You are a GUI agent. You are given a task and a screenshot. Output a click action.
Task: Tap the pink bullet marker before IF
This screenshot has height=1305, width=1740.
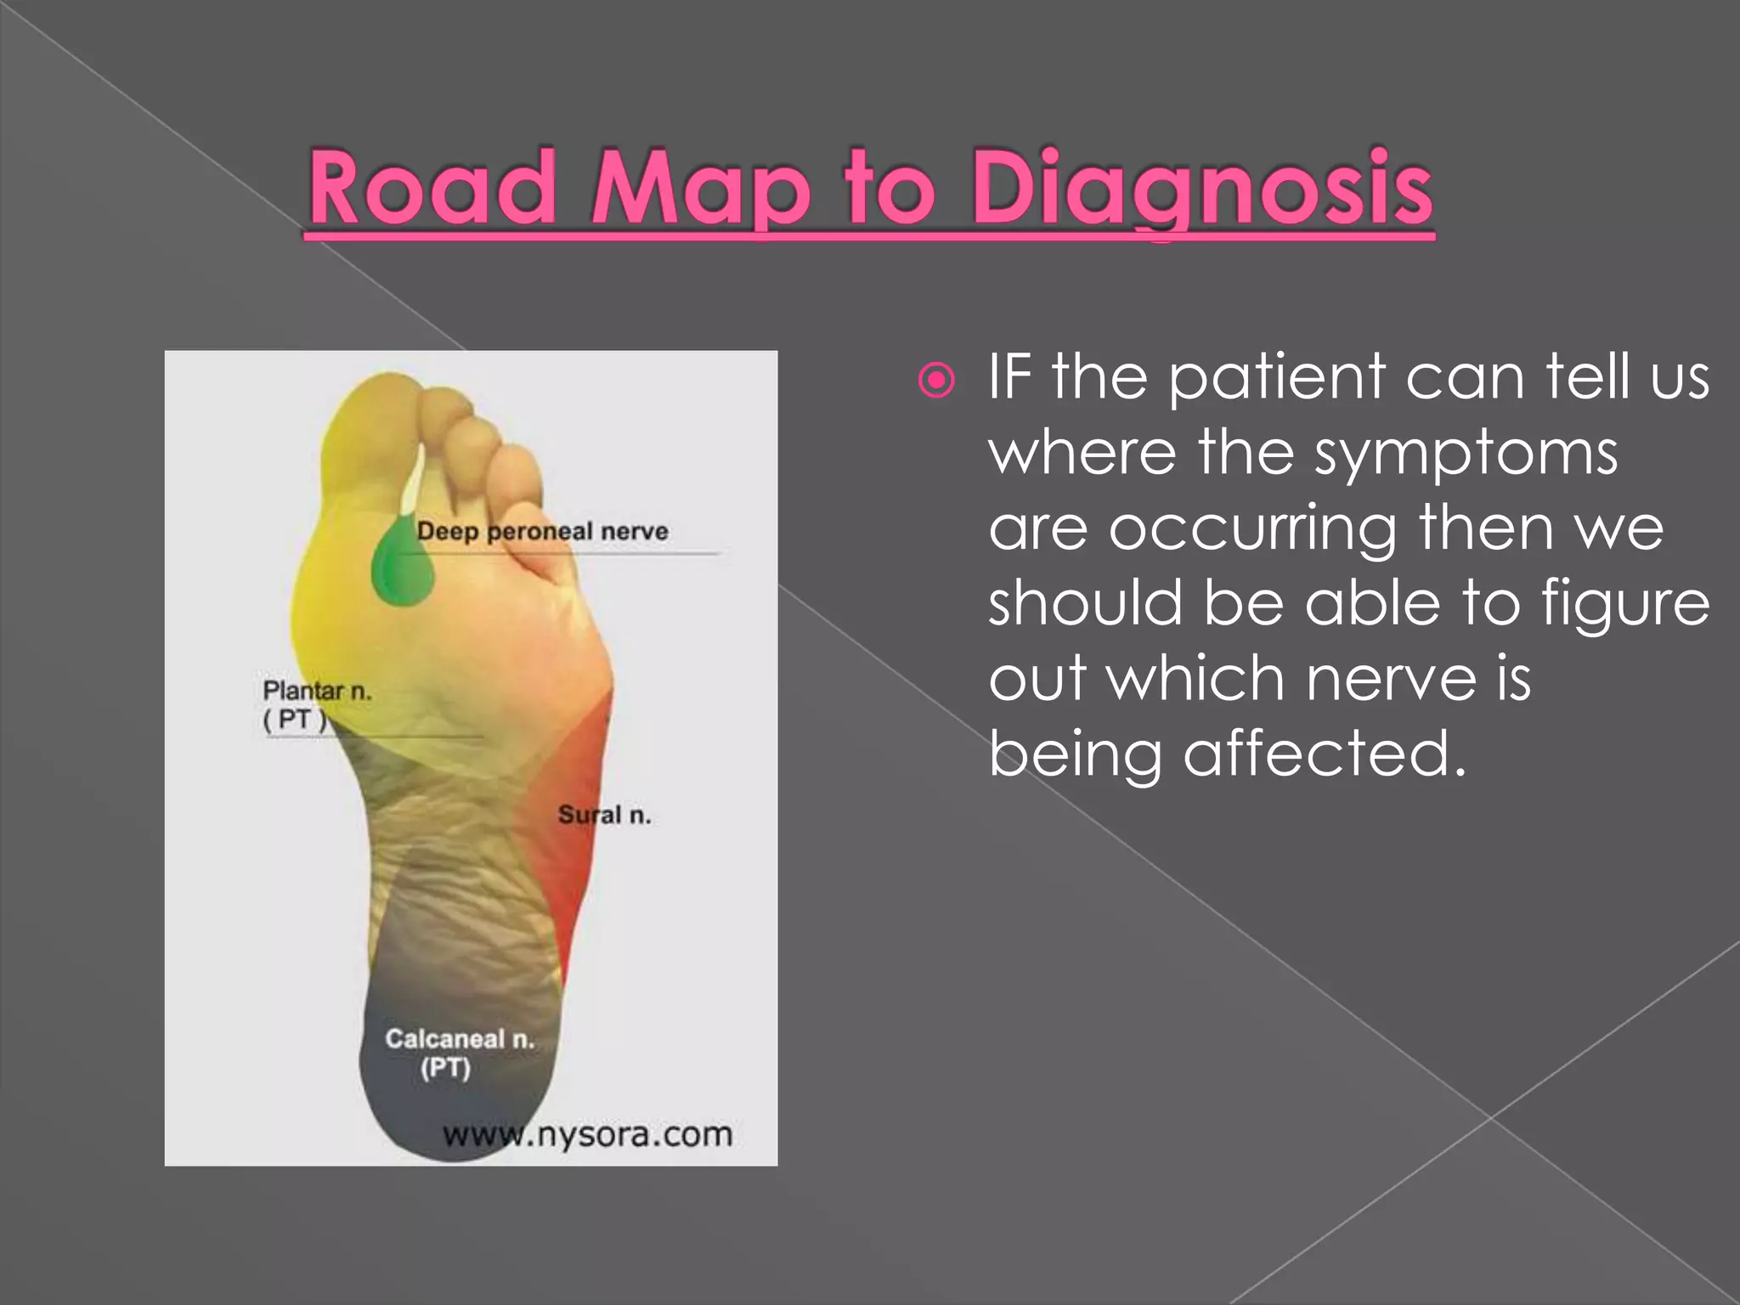(x=936, y=381)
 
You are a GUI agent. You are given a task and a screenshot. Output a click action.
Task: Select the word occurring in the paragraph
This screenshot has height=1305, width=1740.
(x=1252, y=528)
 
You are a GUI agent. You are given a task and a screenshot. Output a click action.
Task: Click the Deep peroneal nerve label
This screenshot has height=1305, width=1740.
(x=542, y=532)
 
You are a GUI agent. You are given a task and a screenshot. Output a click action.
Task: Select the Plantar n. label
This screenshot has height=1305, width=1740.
(x=317, y=692)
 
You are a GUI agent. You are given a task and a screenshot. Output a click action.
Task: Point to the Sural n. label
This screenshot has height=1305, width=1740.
(x=604, y=816)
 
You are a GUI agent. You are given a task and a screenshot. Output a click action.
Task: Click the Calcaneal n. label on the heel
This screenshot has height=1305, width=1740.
(x=460, y=1039)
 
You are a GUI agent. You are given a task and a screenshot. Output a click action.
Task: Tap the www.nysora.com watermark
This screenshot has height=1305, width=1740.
(x=587, y=1134)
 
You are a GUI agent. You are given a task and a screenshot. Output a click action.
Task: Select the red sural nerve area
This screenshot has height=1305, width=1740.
(x=568, y=816)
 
